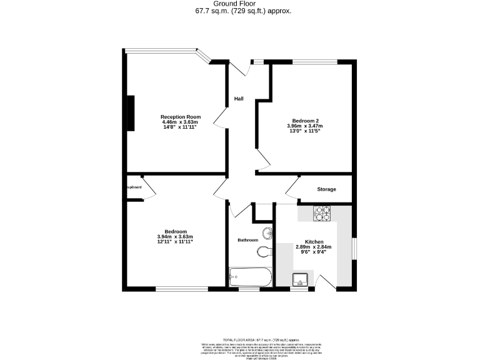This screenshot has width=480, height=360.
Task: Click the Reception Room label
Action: click(181, 117)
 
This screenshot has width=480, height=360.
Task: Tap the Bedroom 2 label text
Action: click(306, 121)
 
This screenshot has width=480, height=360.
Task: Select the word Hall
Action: click(239, 99)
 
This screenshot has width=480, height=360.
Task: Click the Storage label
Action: click(326, 189)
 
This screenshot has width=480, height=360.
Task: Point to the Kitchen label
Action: click(314, 242)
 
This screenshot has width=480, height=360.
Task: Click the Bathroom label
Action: click(248, 240)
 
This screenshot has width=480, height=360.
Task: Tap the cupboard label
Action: click(134, 187)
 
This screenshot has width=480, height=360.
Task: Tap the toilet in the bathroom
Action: click(264, 252)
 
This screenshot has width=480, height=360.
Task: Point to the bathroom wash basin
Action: click(267, 234)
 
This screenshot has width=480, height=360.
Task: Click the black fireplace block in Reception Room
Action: click(131, 113)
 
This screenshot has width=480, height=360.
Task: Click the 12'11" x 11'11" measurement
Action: click(175, 242)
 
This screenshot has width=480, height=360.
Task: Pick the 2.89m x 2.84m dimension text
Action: click(313, 247)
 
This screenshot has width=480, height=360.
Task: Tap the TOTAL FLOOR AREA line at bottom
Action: click(239, 337)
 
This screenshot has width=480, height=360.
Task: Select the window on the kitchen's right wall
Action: click(352, 247)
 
